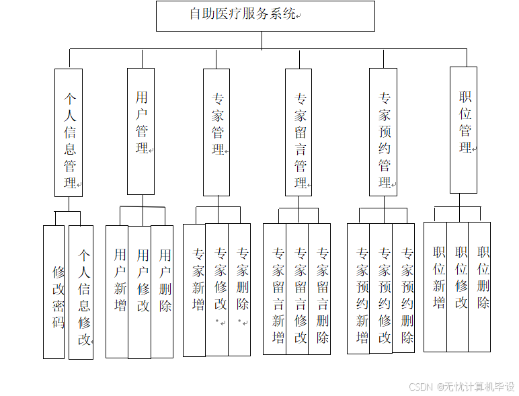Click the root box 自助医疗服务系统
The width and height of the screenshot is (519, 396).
click(x=265, y=16)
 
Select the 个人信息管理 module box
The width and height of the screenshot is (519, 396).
click(x=69, y=132)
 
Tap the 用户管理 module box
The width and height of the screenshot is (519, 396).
click(x=141, y=131)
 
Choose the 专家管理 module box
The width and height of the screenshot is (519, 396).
click(x=216, y=132)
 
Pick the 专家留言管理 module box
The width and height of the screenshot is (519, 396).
click(x=298, y=132)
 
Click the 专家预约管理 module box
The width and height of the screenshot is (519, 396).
click(x=383, y=132)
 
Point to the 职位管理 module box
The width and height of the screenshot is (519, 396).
click(x=464, y=130)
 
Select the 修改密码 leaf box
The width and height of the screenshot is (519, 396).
click(x=54, y=291)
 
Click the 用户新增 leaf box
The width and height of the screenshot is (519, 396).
click(x=117, y=291)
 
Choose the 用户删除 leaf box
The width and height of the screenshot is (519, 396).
click(x=162, y=291)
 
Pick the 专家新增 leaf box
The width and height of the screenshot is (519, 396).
click(x=194, y=289)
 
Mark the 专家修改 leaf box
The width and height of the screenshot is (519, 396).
click(x=217, y=289)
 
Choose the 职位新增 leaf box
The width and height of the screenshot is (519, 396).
click(x=436, y=286)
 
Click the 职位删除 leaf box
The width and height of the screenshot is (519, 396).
click(x=479, y=286)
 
